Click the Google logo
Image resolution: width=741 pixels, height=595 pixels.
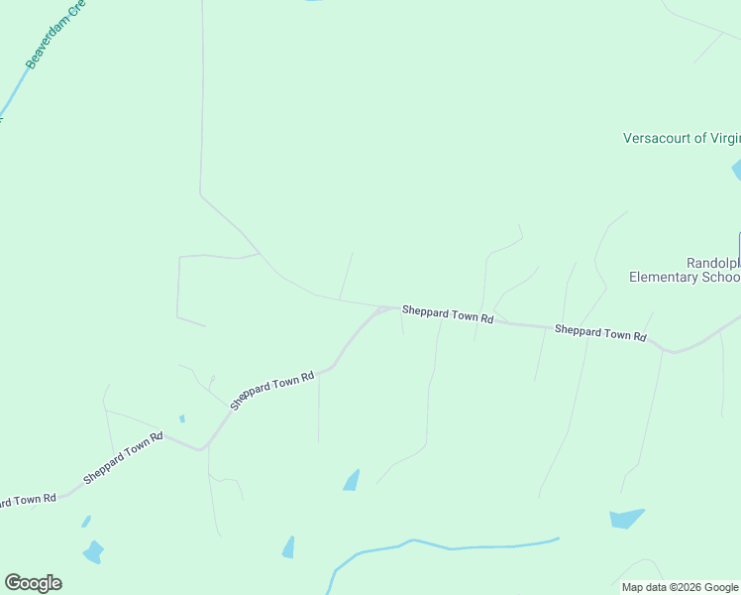coord(33,583)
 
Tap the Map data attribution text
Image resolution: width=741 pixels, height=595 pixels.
coord(644,587)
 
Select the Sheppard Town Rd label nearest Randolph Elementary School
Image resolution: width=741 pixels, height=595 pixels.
coord(600,332)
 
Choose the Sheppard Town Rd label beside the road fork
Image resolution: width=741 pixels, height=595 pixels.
coord(447,314)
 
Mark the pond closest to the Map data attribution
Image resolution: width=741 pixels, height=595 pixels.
coord(625,518)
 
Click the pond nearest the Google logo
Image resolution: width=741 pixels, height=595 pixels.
coord(93,551)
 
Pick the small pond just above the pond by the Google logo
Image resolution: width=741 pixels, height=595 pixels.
coord(86,521)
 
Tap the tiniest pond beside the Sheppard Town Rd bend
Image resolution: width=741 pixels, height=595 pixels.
coord(181,418)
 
